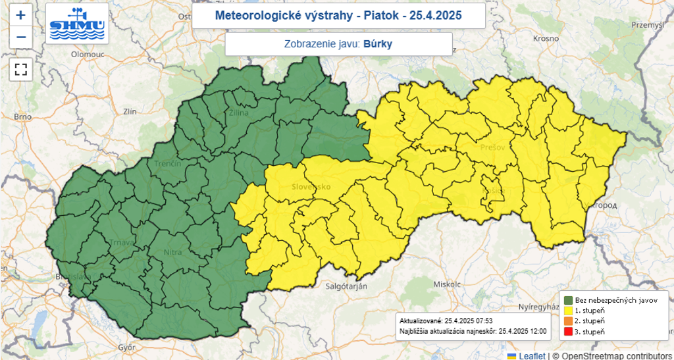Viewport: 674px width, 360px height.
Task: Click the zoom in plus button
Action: click(x=20, y=15)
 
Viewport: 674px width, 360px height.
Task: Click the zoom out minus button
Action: click(x=20, y=38)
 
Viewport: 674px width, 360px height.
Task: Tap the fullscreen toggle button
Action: click(x=20, y=68)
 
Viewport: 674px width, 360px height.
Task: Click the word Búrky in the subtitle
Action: click(x=382, y=44)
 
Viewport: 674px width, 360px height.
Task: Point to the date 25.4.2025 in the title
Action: click(x=439, y=15)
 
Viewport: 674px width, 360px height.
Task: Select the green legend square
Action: click(x=567, y=299)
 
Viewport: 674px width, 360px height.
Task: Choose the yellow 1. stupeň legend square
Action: click(x=567, y=310)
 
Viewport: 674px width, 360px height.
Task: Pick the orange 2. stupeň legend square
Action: click(x=567, y=321)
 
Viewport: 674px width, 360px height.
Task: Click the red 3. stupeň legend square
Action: click(x=567, y=331)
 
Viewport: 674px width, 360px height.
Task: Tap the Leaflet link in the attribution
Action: click(x=531, y=355)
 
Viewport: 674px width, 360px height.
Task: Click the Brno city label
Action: click(x=22, y=116)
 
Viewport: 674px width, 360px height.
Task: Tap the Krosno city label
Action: click(x=545, y=39)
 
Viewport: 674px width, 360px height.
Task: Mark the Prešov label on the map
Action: click(x=492, y=147)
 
